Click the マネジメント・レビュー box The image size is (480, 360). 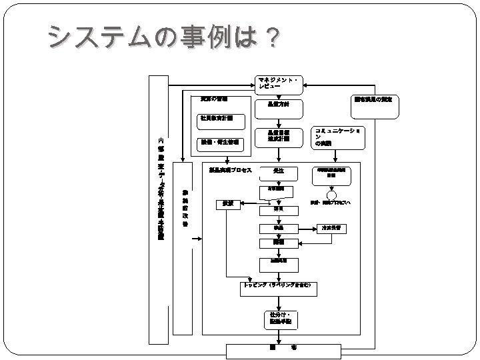coord(278,83)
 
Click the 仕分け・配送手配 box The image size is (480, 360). coord(278,318)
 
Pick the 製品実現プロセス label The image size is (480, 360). coord(230,170)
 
